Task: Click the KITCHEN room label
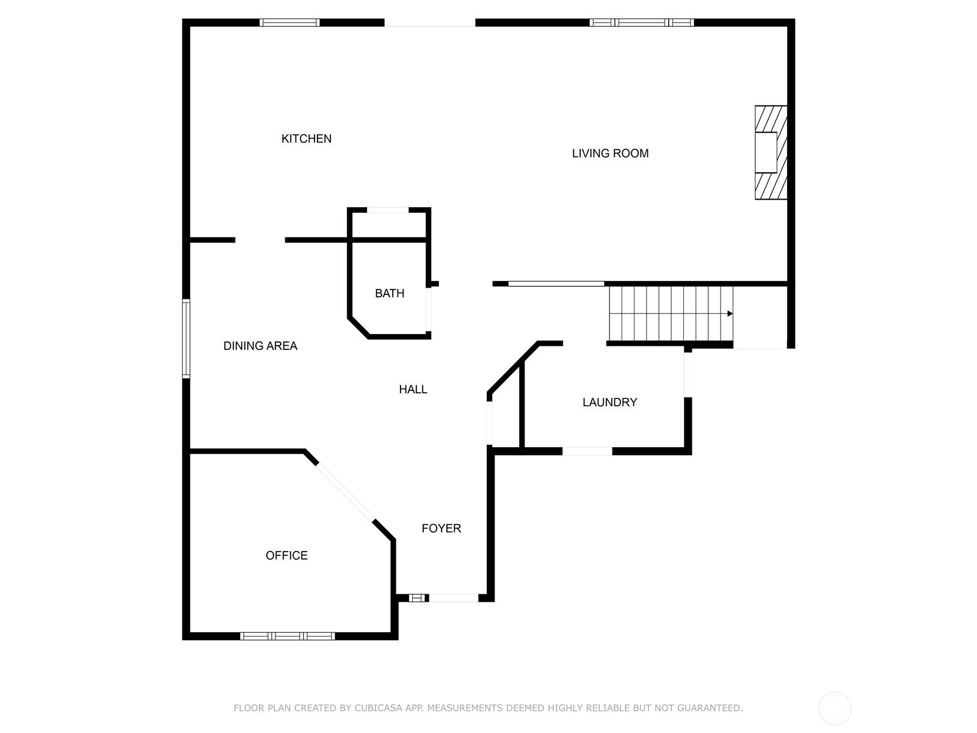tap(307, 139)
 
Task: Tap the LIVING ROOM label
tap(610, 153)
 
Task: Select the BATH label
tap(390, 293)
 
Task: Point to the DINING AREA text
tap(260, 346)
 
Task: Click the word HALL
tap(413, 390)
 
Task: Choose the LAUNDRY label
tap(610, 403)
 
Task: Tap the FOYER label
tap(441, 528)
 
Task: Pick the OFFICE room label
tap(286, 555)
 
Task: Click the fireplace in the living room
tap(771, 152)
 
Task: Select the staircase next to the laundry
tap(670, 314)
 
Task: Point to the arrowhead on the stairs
tap(730, 314)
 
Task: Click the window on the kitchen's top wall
tap(289, 23)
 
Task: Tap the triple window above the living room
tap(641, 23)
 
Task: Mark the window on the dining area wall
tap(186, 339)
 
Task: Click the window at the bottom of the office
tap(288, 636)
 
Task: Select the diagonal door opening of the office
tap(346, 492)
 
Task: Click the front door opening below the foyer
tap(454, 598)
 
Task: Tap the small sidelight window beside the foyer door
tap(417, 598)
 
